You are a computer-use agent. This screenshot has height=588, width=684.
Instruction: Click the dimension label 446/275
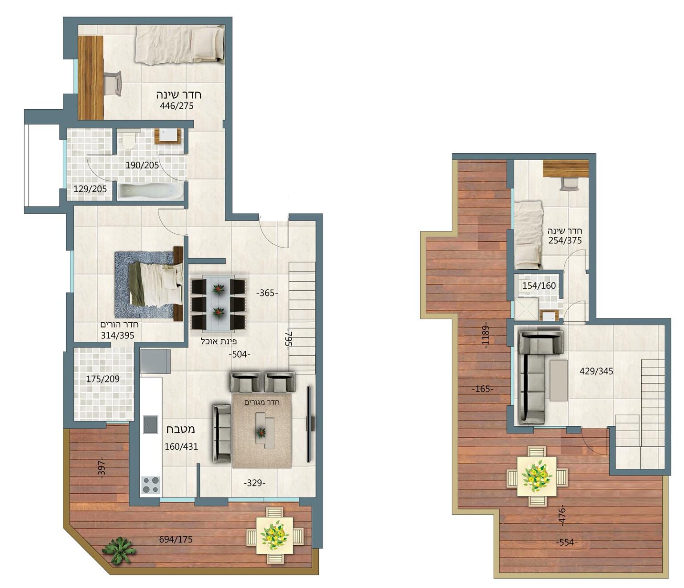pos(176,106)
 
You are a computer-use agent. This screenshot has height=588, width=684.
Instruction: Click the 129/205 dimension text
pos(90,189)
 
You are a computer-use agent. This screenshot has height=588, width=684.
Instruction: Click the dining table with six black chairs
pos(218,303)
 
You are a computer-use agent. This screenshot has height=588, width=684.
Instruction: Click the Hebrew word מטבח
pos(181,429)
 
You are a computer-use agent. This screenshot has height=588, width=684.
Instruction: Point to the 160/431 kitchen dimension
pos(181,447)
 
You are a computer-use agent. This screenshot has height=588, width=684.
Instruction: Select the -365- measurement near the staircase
pos(267,293)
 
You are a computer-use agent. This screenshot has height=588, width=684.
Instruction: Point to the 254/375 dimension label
pos(565,240)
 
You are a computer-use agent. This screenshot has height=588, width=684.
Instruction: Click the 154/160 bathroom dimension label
pos(539,286)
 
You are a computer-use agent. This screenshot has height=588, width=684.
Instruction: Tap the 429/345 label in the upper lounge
pos(596,371)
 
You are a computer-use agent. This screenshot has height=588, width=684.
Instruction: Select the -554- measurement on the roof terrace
pos(567,542)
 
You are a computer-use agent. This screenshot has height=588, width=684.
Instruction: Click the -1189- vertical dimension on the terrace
pos(485,335)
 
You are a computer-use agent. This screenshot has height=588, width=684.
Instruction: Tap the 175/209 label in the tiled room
pos(102,378)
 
